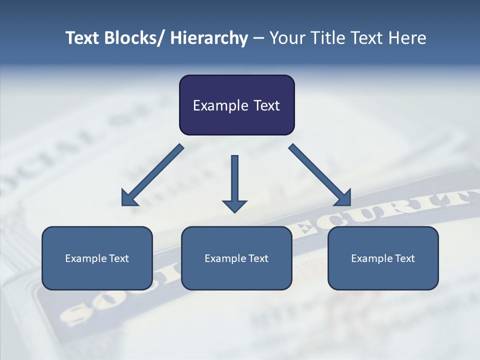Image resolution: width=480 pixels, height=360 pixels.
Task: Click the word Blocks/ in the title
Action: [131, 38]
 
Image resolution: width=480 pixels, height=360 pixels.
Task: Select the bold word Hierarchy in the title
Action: [209, 38]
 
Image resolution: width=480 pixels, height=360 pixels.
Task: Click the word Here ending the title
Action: [407, 38]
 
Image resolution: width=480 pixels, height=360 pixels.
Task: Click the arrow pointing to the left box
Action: [152, 175]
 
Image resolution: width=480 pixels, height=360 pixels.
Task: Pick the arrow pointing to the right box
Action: [320, 175]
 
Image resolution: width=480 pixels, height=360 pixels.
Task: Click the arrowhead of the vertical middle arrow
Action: [234, 205]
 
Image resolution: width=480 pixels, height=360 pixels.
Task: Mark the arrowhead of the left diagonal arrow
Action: [129, 199]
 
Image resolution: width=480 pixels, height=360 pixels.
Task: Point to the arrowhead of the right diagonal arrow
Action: [343, 198]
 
